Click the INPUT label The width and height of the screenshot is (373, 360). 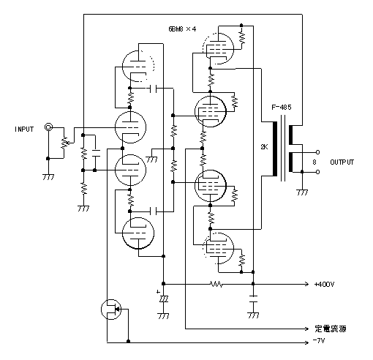24,129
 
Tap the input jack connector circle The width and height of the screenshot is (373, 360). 48,127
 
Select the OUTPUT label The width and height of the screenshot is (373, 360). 342,162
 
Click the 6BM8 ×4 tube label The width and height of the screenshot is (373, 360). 182,29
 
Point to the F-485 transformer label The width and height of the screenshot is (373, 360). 282,108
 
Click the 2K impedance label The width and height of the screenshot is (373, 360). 264,147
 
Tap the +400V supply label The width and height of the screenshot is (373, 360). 324,284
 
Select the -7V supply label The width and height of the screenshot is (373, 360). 319,341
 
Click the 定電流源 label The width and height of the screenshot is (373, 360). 331,329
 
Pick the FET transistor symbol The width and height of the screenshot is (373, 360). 111,310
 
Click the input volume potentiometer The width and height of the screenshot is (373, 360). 64,143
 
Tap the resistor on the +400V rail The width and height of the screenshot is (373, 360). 216,284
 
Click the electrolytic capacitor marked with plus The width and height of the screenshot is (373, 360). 164,299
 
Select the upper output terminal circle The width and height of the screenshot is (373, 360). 317,152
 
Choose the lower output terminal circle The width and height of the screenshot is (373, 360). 317,172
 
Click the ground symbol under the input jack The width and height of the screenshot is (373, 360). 48,177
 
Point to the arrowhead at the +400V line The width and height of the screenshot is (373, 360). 306,284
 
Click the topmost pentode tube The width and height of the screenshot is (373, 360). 218,49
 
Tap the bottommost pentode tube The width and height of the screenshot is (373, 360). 218,248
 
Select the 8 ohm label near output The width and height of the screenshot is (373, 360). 314,162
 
